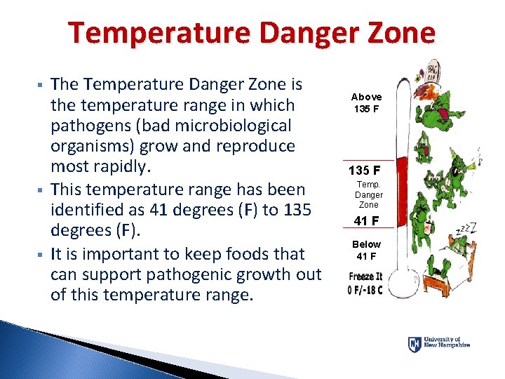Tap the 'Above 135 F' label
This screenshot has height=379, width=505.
(x=366, y=102)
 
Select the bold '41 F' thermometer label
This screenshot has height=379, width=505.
(x=366, y=221)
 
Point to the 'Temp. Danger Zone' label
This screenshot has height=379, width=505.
(x=368, y=194)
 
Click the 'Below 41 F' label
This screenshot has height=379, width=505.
(x=366, y=250)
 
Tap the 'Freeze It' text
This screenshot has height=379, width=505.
(x=365, y=277)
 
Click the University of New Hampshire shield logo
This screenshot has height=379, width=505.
(x=415, y=344)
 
